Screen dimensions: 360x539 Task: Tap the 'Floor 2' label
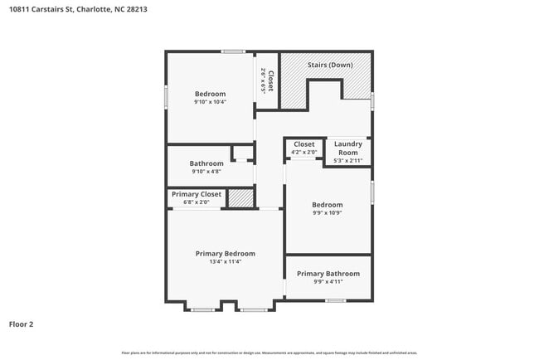[22, 324]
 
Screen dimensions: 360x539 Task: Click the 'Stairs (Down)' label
[330, 65]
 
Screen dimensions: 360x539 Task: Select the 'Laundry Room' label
[347, 148]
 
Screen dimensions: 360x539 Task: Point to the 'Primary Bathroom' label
[328, 274]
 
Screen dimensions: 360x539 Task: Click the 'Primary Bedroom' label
[225, 253]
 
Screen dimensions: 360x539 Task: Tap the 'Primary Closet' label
[197, 194]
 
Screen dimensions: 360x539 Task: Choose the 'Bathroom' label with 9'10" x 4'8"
[206, 163]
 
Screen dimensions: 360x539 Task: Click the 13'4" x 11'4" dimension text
[225, 262]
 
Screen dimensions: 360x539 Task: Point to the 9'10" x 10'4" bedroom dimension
[210, 102]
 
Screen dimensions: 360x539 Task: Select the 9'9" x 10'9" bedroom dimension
[327, 212]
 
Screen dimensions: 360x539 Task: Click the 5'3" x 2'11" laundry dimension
[347, 160]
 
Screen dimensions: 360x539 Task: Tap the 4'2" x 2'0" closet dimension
[303, 152]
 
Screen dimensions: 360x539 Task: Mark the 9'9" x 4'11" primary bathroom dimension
[328, 282]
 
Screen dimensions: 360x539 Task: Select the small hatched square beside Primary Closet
[240, 198]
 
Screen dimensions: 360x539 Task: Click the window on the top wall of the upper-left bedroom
[233, 51]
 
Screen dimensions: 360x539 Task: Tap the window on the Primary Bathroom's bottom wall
[335, 300]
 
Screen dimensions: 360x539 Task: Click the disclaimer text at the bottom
[269, 353]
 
